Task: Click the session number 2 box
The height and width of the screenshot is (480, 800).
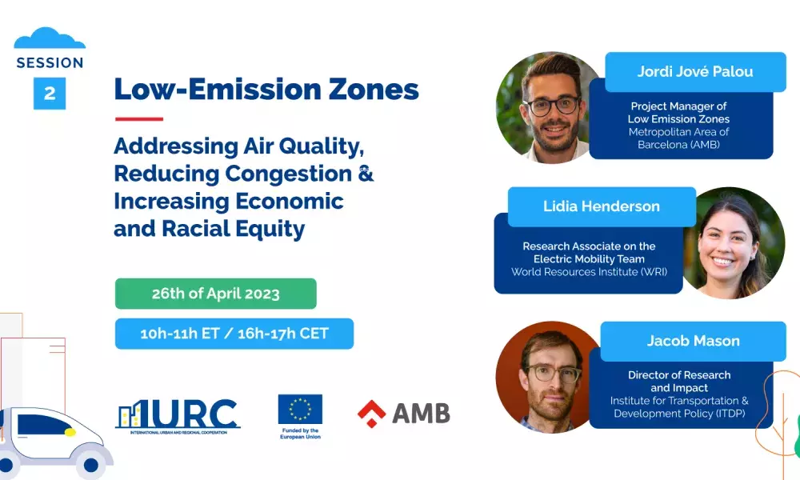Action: pos(50,94)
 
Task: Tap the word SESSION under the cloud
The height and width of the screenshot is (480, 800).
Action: pos(50,62)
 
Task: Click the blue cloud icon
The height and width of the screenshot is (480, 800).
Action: pos(50,38)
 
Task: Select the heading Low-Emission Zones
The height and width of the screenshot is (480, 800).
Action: pos(266,89)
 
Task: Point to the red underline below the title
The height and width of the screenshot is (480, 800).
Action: pos(138,119)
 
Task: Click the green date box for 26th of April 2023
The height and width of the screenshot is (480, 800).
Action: pos(216,294)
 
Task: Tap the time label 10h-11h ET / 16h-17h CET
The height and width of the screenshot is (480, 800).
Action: pos(234,334)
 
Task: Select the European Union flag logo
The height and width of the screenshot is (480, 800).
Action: pos(300,409)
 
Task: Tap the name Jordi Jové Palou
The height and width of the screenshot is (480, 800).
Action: pos(695,71)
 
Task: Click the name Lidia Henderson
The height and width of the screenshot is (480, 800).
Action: pos(602,206)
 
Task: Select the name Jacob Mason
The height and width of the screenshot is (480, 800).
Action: pos(694,341)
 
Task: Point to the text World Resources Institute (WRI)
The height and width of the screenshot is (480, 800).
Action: pos(590,272)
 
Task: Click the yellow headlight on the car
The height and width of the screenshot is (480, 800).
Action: pos(70,432)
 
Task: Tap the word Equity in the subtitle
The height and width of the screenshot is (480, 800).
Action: pos(276,229)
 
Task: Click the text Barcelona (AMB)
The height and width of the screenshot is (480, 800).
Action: pos(678,145)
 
